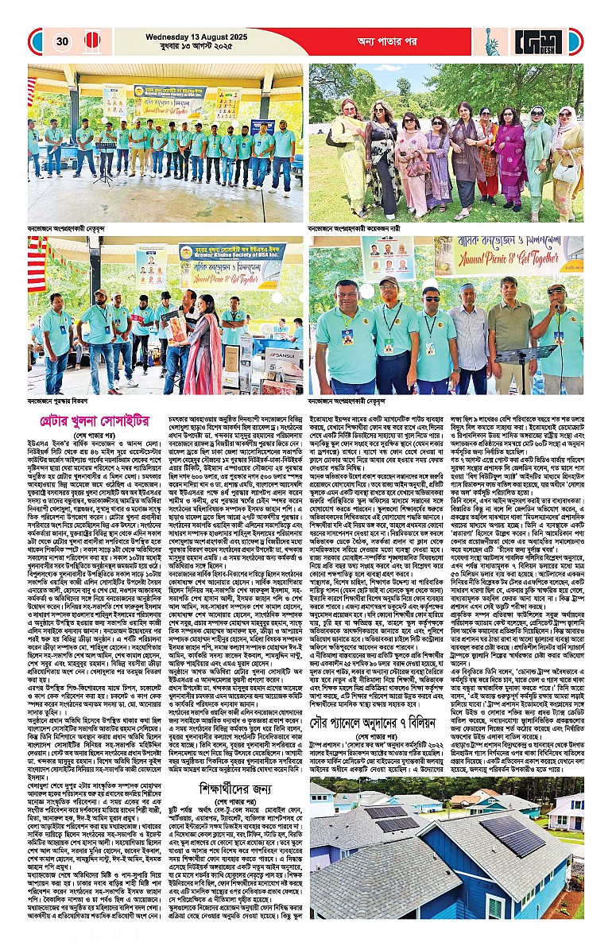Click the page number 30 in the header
point(63,41)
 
